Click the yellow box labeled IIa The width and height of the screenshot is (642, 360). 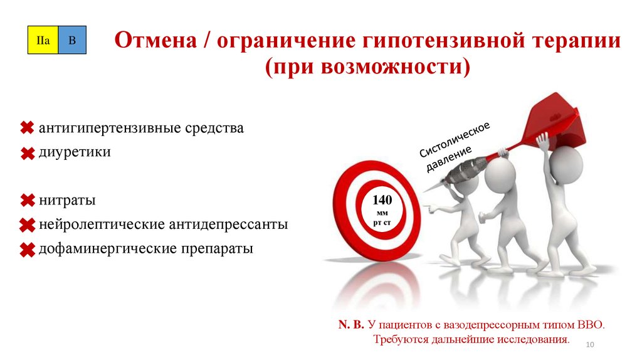43,41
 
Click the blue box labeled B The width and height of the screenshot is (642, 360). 71,41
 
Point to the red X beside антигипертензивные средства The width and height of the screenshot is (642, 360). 27,129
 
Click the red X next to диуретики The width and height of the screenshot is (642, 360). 27,153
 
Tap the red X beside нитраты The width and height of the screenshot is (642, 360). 27,201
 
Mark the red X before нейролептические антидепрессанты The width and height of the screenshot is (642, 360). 27,225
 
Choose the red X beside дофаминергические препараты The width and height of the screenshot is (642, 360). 27,250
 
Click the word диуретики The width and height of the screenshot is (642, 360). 75,152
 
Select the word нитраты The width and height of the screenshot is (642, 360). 67,201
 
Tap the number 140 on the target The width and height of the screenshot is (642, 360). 382,201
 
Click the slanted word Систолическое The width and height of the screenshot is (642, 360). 454,139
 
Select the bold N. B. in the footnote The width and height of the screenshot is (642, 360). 351,326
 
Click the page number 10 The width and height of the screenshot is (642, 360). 589,345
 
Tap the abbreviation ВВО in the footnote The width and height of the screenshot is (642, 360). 590,326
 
